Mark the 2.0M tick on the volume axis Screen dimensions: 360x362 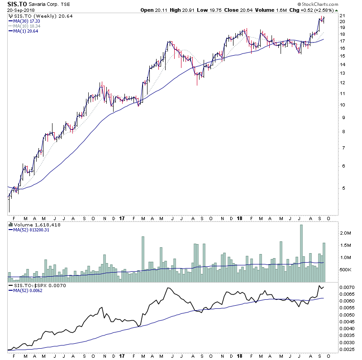346,233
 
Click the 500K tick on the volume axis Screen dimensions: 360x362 346,270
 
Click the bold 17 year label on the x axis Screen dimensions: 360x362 122,218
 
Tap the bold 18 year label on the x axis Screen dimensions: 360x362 239,218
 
